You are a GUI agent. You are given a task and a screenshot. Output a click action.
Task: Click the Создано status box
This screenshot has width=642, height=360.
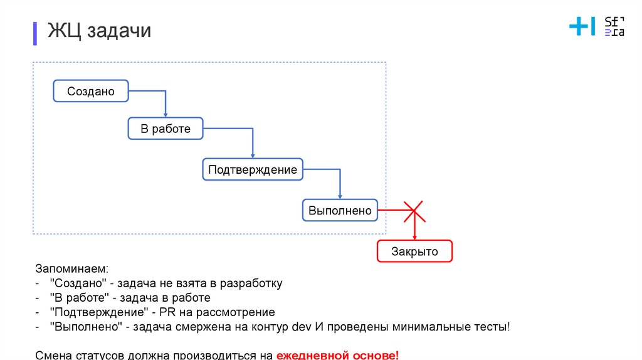(91, 91)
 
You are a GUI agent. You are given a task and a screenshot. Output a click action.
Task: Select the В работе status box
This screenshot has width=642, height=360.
(166, 129)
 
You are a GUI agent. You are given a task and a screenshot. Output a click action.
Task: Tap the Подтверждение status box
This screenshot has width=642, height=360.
(253, 169)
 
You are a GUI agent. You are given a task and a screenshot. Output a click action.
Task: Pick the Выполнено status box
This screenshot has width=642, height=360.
(340, 211)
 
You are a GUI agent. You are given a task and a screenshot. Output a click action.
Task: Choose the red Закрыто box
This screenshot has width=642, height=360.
(414, 251)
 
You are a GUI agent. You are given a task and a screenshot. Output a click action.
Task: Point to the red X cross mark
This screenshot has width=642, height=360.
(414, 211)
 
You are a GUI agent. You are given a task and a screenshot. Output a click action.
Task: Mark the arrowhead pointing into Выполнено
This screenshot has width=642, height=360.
(340, 196)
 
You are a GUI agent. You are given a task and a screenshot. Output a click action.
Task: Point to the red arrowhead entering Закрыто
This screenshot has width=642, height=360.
(414, 236)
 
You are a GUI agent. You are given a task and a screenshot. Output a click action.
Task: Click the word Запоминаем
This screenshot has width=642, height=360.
(71, 269)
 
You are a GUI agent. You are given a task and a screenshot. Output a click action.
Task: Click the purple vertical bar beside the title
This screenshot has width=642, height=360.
(35, 32)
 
